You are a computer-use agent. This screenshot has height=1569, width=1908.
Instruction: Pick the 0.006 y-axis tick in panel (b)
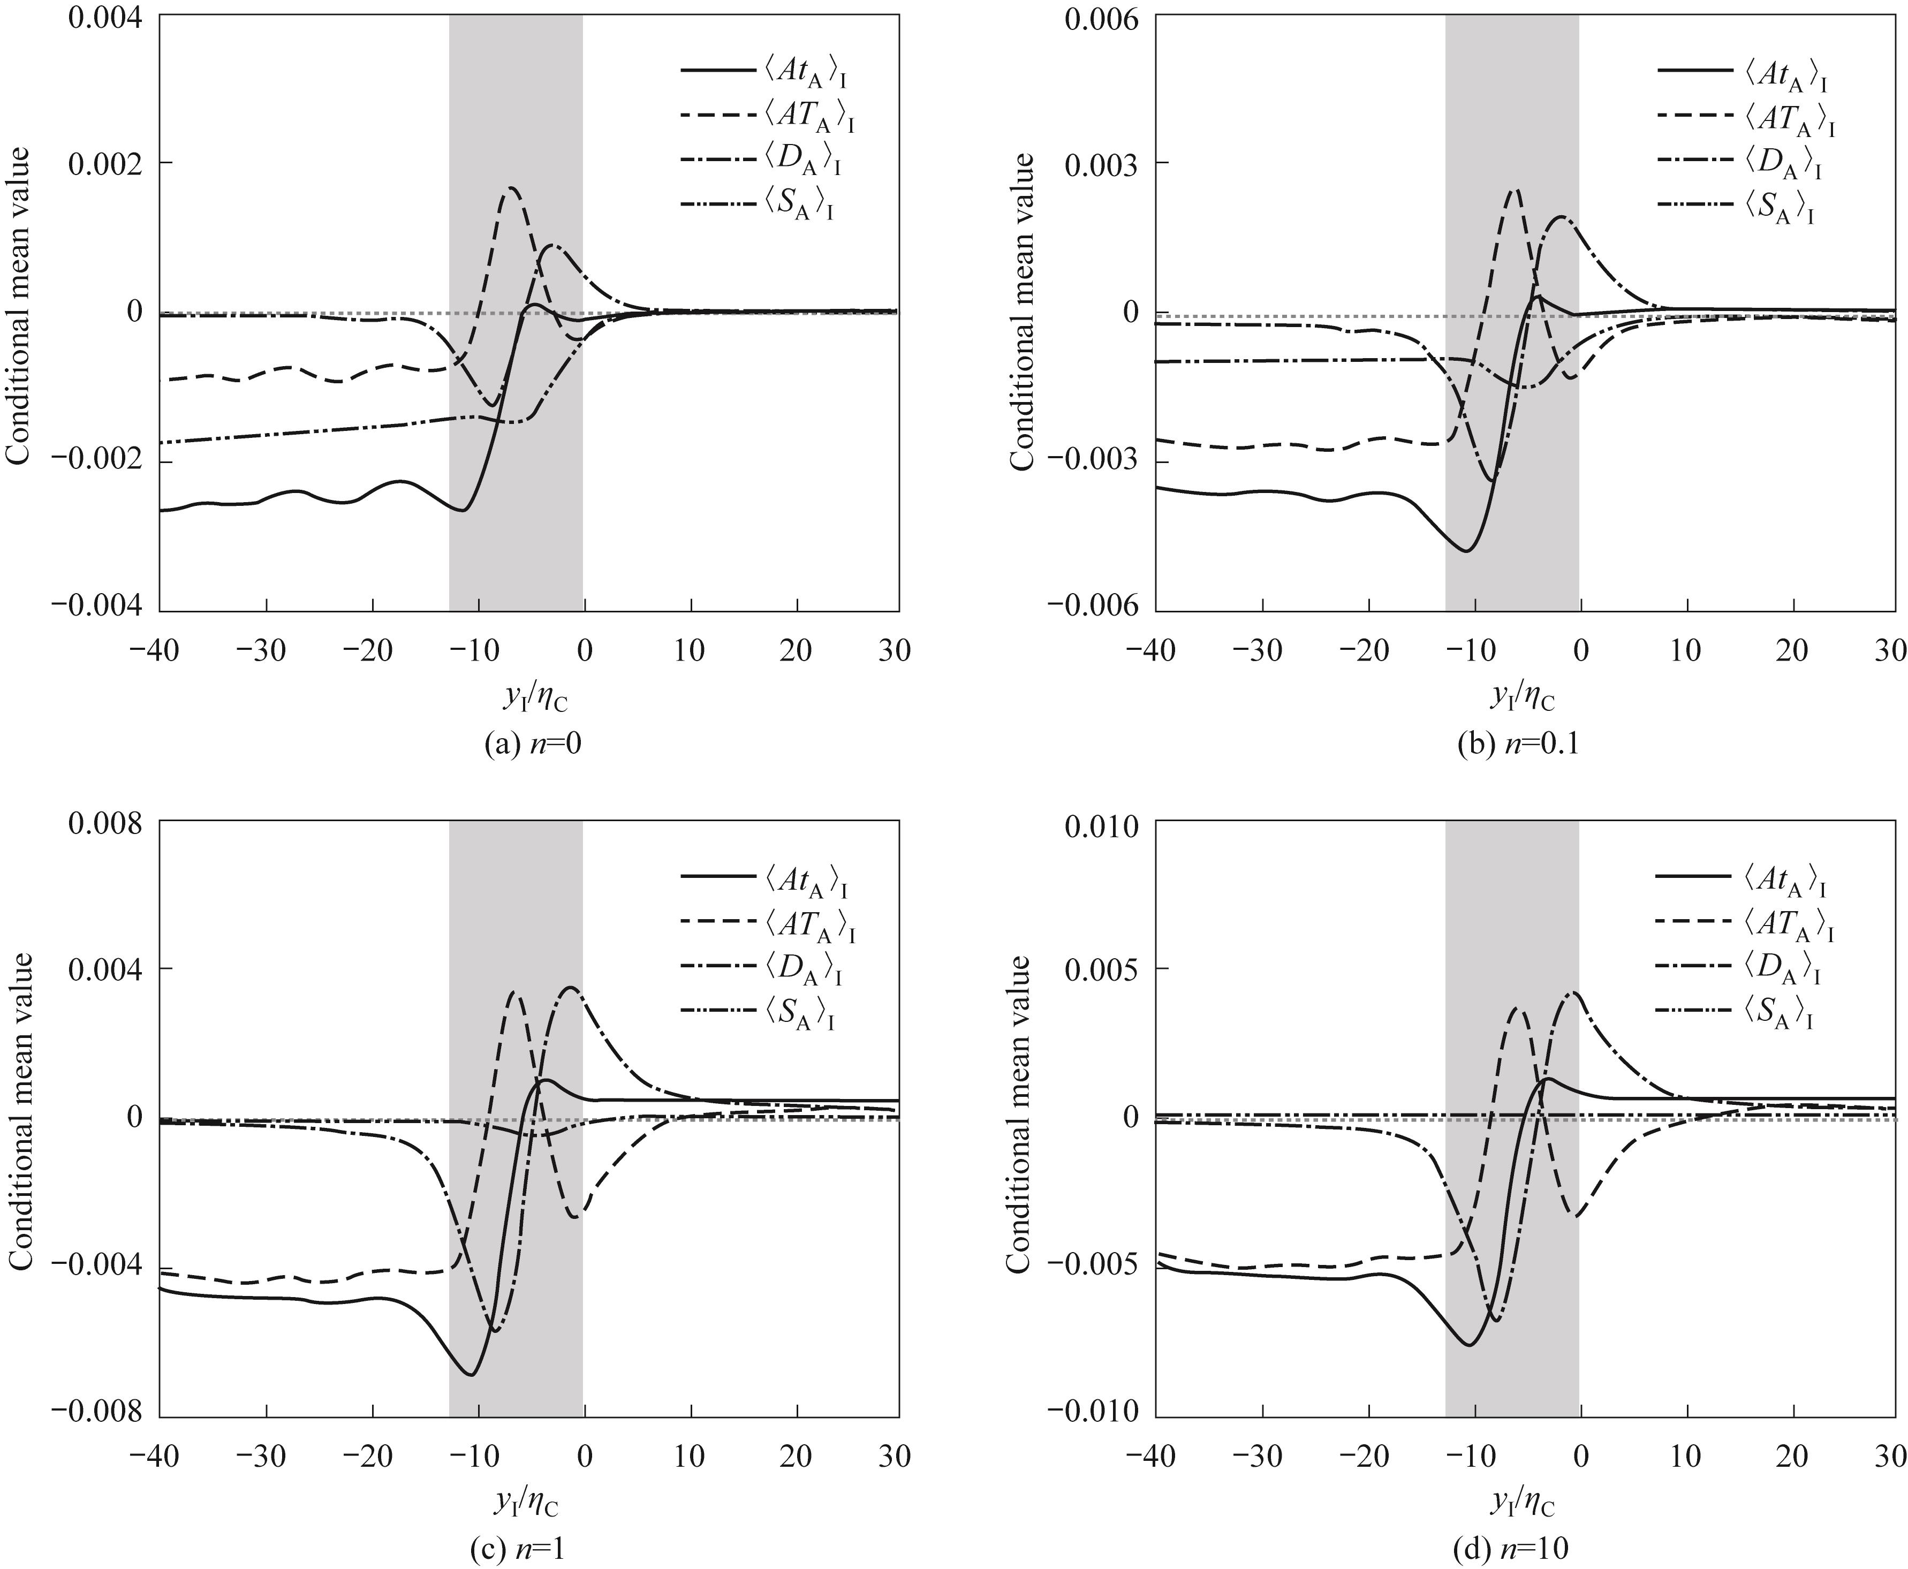(1101, 18)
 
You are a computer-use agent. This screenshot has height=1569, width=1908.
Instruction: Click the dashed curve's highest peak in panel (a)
(512, 188)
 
